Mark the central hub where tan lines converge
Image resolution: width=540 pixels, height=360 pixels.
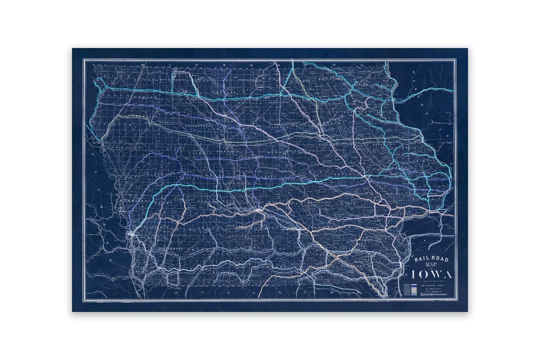click(258, 211)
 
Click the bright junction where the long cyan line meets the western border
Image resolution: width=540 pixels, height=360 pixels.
click(130, 233)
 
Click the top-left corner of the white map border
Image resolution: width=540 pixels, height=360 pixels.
click(83, 59)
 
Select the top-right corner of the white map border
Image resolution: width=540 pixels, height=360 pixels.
click(456, 59)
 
